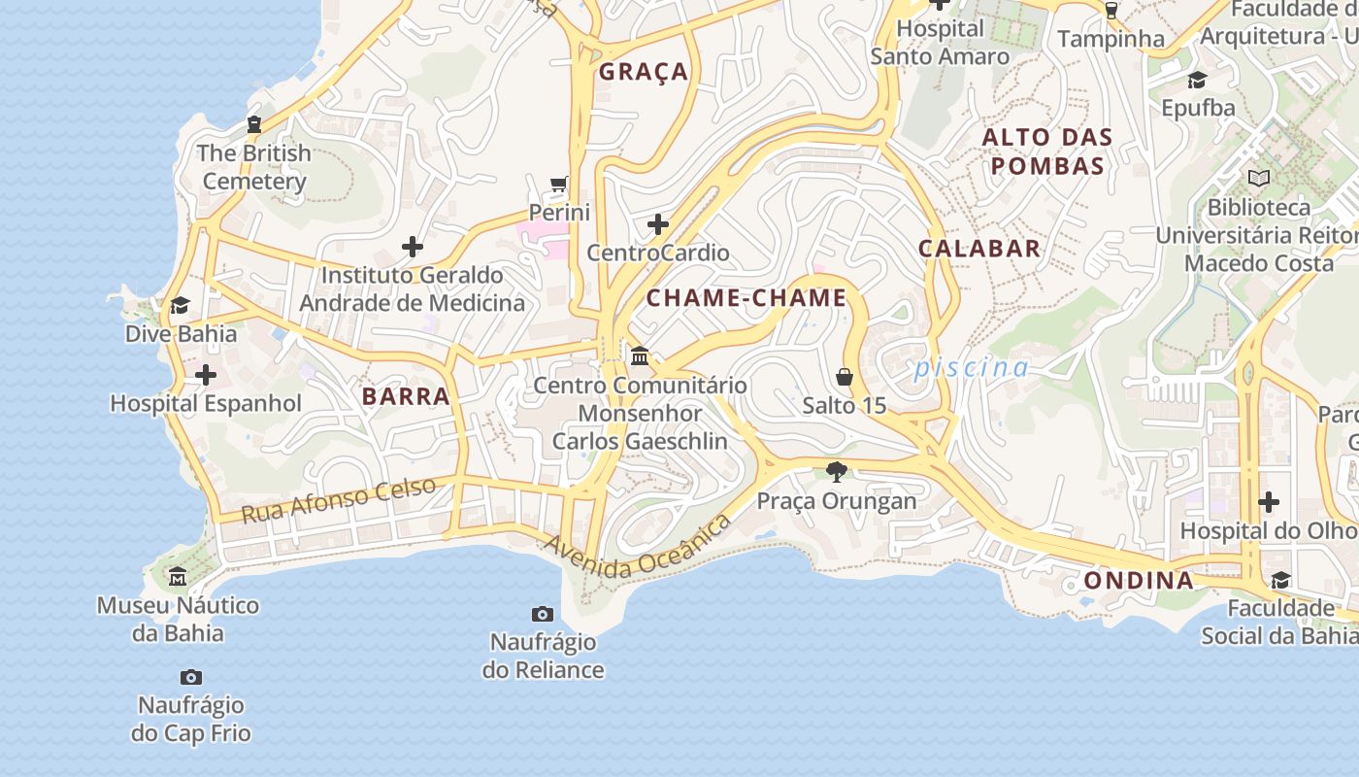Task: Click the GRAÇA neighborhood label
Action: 643,72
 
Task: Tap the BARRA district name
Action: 406,396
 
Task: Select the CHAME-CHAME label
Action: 746,298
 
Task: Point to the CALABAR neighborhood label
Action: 978,249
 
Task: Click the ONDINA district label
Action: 1139,581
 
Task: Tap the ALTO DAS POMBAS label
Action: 1046,152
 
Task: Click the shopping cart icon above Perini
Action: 559,184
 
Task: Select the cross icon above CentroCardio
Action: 658,224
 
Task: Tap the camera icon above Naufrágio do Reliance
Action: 543,614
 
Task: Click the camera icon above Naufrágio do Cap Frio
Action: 191,677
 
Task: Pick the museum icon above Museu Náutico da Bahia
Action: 178,578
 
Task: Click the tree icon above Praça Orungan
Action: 836,472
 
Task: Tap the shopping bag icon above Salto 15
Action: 845,376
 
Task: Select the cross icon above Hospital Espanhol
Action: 206,374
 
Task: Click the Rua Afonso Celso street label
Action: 338,499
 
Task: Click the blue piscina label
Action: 970,368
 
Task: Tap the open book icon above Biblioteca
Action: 1258,179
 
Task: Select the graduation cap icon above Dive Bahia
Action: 180,305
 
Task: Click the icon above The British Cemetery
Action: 254,124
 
